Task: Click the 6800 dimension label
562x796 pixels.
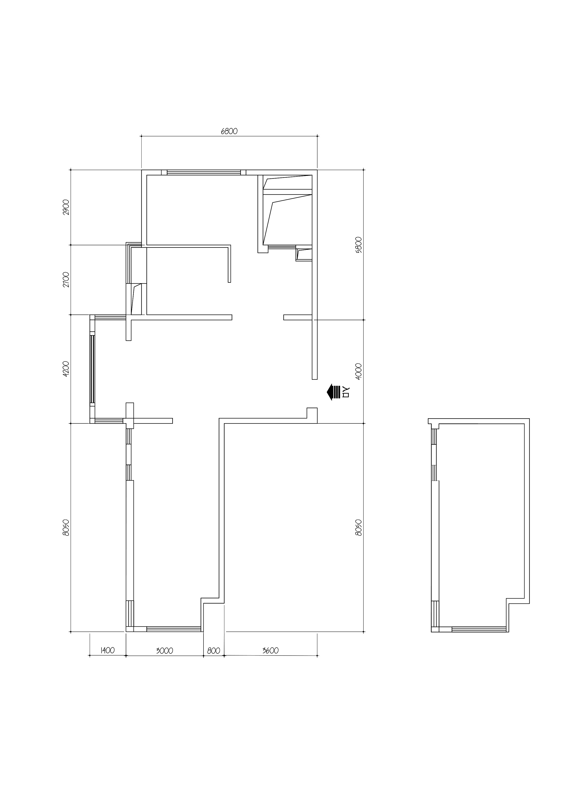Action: point(229,131)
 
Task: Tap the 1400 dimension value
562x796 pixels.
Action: point(108,651)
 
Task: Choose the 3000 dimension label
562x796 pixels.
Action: point(165,651)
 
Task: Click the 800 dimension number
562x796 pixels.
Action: point(214,651)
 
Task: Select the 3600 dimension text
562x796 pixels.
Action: point(270,651)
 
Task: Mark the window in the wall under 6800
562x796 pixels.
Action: point(204,172)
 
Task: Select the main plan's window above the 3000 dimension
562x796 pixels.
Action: point(174,629)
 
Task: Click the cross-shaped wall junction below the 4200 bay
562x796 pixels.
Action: point(129,421)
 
